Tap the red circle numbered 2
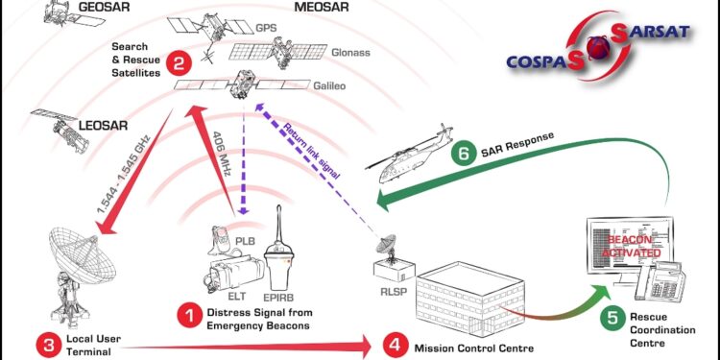[179, 63]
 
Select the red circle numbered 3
[48, 344]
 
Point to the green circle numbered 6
[464, 153]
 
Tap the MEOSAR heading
[322, 7]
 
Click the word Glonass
[350, 52]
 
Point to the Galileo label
[329, 85]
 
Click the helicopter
[409, 155]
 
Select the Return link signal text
[311, 150]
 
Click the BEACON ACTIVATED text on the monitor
[635, 246]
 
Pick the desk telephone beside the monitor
[660, 280]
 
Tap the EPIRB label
[276, 296]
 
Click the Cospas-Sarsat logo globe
[599, 47]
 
